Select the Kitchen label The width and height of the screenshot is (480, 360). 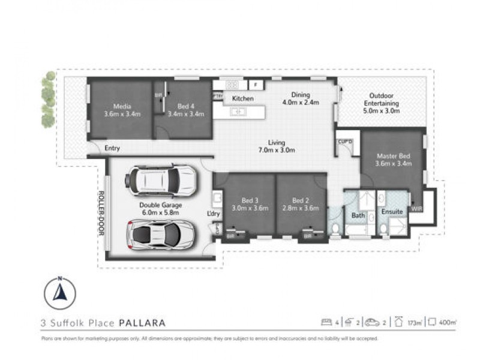click(x=243, y=98)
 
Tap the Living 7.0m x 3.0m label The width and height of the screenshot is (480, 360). click(x=277, y=146)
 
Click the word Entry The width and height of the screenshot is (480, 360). click(x=112, y=148)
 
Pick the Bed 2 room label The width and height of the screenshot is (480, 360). click(x=300, y=203)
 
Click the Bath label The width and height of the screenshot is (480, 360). click(x=358, y=215)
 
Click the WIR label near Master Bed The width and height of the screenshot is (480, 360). click(x=416, y=209)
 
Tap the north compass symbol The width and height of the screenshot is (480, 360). click(x=60, y=293)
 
